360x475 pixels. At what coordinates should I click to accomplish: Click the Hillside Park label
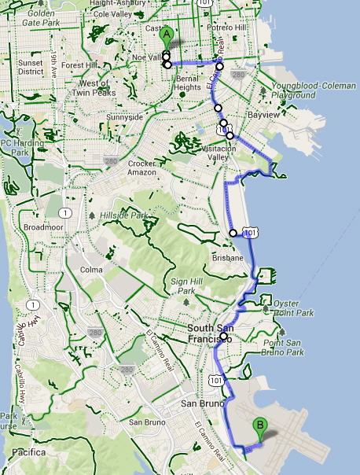[124, 214]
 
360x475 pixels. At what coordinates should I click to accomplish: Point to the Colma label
[92, 270]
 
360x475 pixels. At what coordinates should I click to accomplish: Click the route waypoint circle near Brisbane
[233, 232]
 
